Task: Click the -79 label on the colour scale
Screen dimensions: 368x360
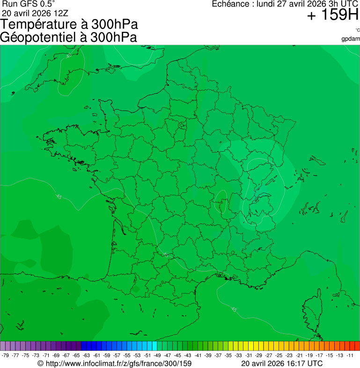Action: click(x=5, y=355)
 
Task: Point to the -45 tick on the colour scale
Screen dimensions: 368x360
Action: click(x=177, y=355)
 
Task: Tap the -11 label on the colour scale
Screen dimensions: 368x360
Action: click(x=350, y=355)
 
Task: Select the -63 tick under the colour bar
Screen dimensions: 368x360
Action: click(x=86, y=355)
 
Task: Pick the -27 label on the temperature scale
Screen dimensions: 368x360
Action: click(x=269, y=355)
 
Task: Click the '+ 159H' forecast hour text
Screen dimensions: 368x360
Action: click(x=332, y=15)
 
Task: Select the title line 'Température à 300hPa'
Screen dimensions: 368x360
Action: click(x=69, y=25)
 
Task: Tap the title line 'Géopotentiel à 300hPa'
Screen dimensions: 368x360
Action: click(x=68, y=37)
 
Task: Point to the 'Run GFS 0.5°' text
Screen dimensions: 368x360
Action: click(x=29, y=4)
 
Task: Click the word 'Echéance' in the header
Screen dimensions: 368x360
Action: click(x=230, y=4)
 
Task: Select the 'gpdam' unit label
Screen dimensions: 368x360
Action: click(x=351, y=38)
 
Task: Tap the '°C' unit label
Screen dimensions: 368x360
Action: click(x=357, y=30)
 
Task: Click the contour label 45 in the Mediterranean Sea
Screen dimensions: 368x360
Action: click(x=234, y=309)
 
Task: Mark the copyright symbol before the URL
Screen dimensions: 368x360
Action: click(x=40, y=363)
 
